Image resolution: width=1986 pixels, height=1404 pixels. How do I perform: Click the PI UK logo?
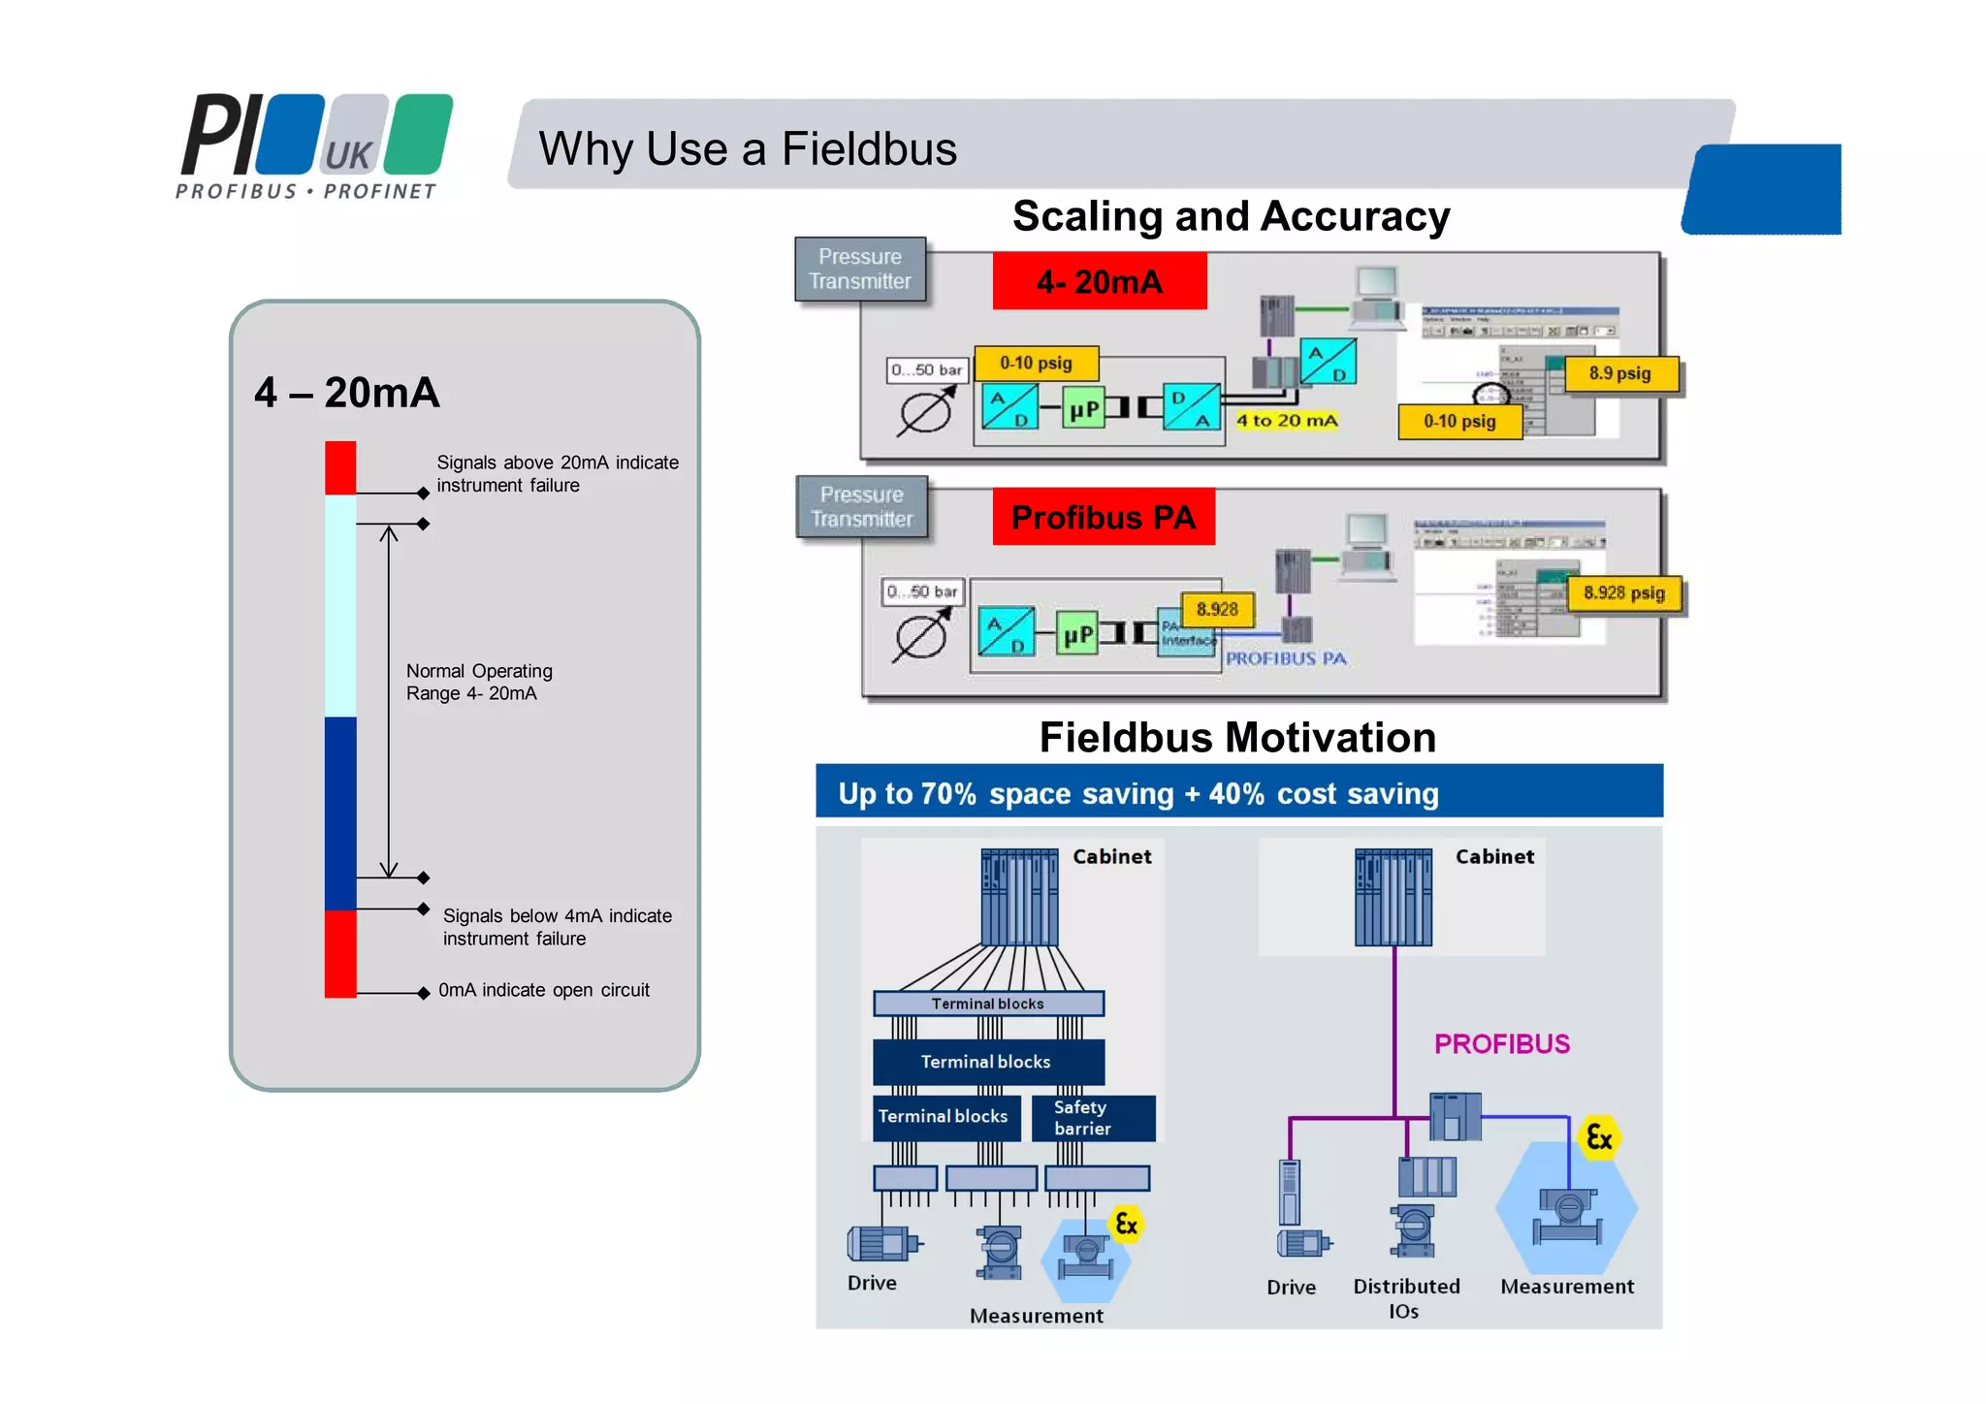[313, 146]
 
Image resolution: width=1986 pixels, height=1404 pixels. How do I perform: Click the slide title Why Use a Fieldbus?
[747, 149]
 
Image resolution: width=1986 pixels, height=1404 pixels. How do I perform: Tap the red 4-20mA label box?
[1099, 281]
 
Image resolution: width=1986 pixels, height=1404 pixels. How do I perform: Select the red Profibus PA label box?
[1103, 517]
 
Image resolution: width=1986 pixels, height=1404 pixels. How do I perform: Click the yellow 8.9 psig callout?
[1620, 373]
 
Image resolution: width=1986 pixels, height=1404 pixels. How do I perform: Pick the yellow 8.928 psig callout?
[1624, 593]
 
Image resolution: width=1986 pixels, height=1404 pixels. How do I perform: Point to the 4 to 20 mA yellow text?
[1286, 421]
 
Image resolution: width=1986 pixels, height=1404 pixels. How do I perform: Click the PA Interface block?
[1187, 633]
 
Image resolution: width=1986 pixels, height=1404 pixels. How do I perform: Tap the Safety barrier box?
[1092, 1118]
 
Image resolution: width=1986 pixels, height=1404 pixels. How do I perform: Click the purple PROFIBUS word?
[1501, 1044]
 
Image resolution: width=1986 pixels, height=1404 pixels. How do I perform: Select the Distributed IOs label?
[1405, 1298]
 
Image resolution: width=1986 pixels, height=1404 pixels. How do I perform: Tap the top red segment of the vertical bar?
[340, 467]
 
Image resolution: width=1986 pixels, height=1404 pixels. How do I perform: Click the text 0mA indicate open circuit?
[543, 990]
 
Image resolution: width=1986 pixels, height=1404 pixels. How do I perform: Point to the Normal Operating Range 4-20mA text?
[478, 682]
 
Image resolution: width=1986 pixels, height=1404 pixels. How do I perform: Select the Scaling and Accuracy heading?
[1231, 216]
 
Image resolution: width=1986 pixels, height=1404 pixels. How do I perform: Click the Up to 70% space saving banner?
[1238, 792]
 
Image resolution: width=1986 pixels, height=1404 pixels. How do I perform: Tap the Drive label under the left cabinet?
[872, 1283]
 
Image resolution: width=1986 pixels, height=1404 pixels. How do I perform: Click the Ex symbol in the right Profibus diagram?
[1598, 1137]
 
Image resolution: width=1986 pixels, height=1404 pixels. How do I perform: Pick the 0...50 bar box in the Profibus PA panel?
[921, 591]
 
